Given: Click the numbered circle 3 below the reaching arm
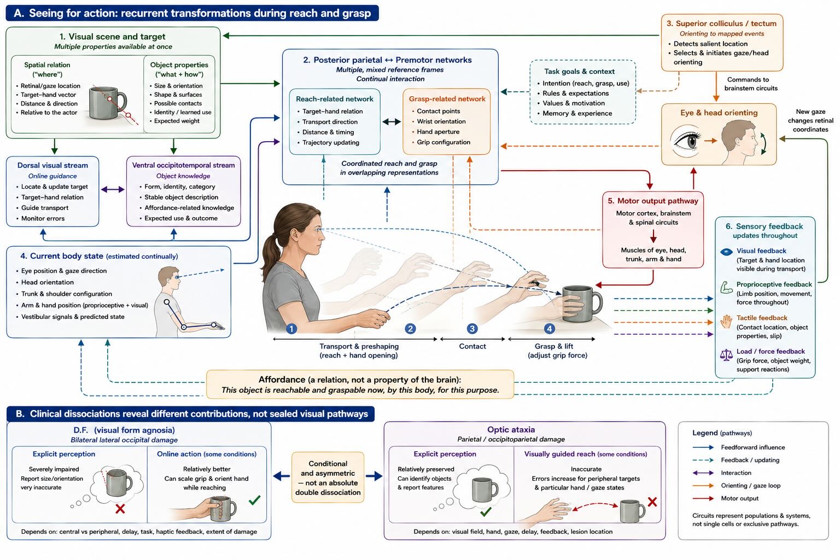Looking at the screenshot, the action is click(472, 329).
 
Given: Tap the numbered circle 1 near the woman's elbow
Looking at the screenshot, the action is click(291, 329).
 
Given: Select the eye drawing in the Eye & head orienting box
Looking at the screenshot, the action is click(687, 141).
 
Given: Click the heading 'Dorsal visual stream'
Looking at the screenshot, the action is click(52, 165).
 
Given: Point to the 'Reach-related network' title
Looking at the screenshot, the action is click(335, 99).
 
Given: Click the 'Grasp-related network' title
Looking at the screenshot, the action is click(447, 99).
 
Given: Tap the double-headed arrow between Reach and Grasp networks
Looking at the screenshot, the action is click(392, 121).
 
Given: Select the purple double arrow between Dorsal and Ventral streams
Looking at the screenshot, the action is click(113, 189).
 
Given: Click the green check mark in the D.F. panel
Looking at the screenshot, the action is click(255, 500).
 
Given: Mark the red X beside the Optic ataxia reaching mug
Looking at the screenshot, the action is click(652, 502).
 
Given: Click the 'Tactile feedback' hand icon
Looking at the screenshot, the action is click(726, 322).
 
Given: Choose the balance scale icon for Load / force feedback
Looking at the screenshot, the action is click(726, 354).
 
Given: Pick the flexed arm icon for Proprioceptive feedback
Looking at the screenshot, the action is click(726, 287).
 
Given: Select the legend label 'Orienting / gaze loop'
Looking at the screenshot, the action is click(750, 486).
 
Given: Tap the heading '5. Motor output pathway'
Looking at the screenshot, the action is click(653, 201).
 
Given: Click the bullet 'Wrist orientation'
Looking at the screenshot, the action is click(441, 121).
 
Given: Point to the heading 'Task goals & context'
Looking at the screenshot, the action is click(579, 72).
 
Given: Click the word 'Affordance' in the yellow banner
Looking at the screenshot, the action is click(282, 380).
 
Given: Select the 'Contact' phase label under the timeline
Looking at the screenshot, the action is click(472, 346).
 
